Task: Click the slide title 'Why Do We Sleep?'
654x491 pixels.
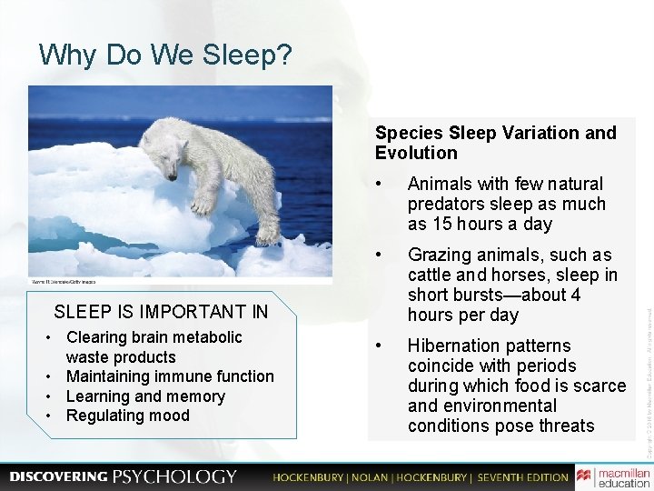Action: tap(165, 56)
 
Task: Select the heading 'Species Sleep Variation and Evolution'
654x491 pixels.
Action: tap(495, 143)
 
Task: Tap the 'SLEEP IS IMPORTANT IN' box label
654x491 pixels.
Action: tap(161, 312)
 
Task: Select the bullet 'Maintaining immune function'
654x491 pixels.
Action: tap(169, 376)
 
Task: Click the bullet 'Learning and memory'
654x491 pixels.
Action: tap(145, 396)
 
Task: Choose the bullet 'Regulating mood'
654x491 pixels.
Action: tap(128, 416)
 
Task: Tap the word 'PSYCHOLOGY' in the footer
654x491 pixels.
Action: tap(174, 476)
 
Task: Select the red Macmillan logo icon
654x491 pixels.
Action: tap(584, 476)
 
